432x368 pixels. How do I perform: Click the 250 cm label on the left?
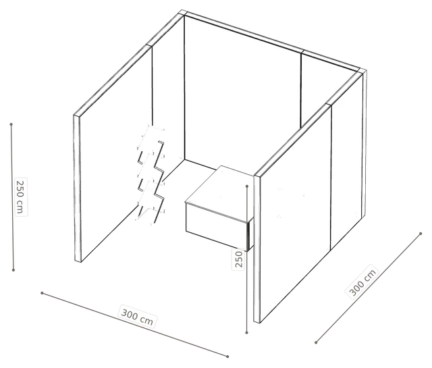point(21,196)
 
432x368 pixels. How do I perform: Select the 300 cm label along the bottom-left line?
point(137,317)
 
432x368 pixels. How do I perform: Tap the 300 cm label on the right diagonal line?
point(362,282)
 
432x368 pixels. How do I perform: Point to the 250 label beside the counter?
point(238,259)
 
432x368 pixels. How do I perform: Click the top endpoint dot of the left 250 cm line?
point(11,124)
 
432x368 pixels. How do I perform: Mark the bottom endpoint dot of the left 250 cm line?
point(13,270)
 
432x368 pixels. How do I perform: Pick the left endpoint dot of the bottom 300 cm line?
point(42,293)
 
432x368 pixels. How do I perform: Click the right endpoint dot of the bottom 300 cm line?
point(227,357)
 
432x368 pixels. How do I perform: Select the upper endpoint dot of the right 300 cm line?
point(421,234)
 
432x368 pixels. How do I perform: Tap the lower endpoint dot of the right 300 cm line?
point(316,342)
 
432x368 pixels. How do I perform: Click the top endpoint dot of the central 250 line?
point(247,186)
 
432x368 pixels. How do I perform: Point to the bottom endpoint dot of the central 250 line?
point(246,333)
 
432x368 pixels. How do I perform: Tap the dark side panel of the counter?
point(250,234)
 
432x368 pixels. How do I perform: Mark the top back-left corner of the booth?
point(184,13)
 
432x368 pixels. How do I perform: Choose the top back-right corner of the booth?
point(363,71)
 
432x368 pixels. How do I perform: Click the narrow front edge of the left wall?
point(78,188)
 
